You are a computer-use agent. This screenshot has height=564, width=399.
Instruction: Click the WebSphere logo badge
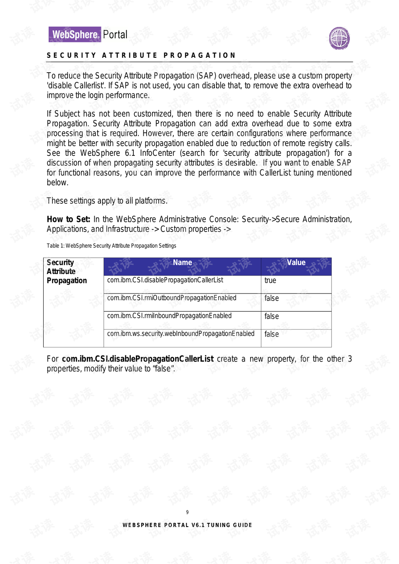(x=75, y=34)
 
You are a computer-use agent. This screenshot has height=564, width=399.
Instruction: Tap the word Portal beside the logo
(x=115, y=34)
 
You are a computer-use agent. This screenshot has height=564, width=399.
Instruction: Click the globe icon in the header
(x=339, y=39)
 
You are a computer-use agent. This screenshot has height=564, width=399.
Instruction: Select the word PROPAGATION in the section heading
(x=199, y=55)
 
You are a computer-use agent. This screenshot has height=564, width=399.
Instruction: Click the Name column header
(x=182, y=263)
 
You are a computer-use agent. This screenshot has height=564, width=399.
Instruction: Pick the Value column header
(x=296, y=263)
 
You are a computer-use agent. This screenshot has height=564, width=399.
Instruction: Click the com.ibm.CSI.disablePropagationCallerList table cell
(x=165, y=280)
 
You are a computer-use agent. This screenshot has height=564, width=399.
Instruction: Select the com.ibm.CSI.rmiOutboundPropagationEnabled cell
(x=172, y=298)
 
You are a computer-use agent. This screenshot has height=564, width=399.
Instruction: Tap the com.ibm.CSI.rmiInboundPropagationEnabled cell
(x=169, y=316)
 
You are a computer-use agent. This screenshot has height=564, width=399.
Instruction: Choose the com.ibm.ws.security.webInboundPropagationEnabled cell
(x=180, y=334)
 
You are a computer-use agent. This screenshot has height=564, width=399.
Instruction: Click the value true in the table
(x=270, y=281)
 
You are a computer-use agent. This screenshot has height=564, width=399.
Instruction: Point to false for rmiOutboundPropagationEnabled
(x=271, y=298)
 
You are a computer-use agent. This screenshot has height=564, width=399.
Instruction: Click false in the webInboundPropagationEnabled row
(x=271, y=334)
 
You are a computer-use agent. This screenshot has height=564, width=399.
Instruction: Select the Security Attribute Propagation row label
(x=66, y=271)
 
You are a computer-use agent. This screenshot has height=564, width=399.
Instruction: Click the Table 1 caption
(x=111, y=246)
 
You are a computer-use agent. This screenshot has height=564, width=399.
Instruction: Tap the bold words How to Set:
(x=68, y=219)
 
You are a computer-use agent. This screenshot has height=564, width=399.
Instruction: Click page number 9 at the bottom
(x=187, y=512)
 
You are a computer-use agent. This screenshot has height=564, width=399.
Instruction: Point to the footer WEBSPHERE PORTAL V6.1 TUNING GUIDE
(x=187, y=525)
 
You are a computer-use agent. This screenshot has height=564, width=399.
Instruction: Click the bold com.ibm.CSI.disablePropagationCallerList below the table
(x=138, y=359)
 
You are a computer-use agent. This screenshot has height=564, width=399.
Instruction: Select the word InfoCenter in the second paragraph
(x=158, y=153)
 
